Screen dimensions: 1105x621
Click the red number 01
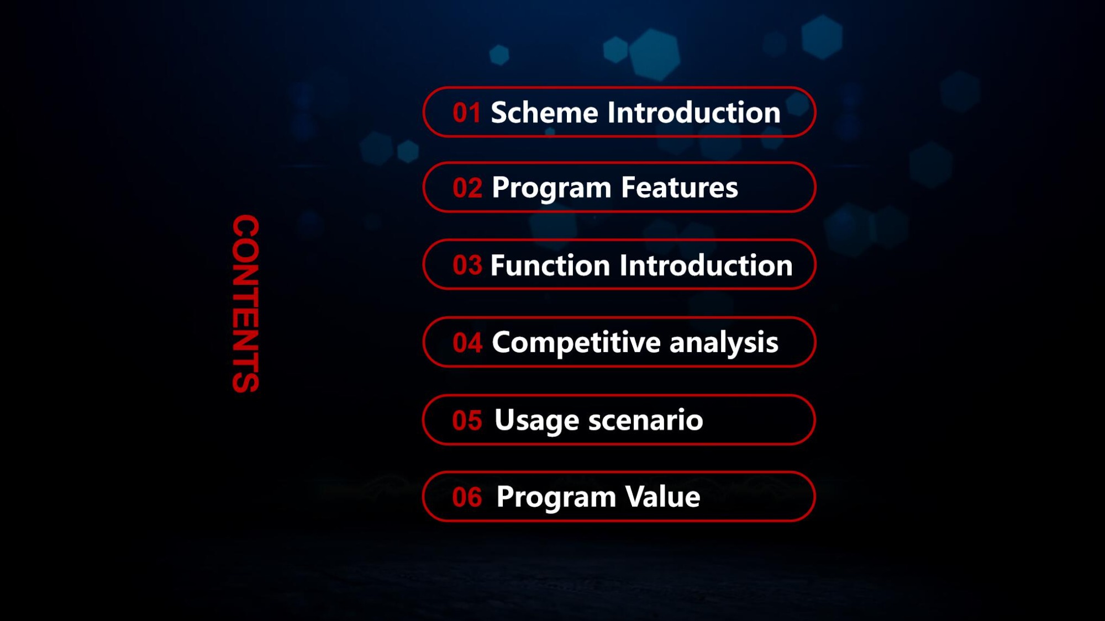tap(466, 113)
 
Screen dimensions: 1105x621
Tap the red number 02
tap(467, 188)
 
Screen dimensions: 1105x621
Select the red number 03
tap(467, 266)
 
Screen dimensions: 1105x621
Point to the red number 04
tap(467, 343)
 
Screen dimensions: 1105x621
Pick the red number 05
tap(467, 421)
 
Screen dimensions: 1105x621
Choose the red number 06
tap(467, 497)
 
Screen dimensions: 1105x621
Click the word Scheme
tap(544, 113)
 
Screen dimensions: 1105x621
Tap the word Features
tap(679, 188)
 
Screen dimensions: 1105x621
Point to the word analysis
tap(724, 343)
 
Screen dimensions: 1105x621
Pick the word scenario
tap(645, 421)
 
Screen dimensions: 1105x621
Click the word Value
tap(663, 497)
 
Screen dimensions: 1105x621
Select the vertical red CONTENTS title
tap(246, 304)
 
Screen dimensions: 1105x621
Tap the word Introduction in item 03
tap(706, 266)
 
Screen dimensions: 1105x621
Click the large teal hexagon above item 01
tap(655, 54)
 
